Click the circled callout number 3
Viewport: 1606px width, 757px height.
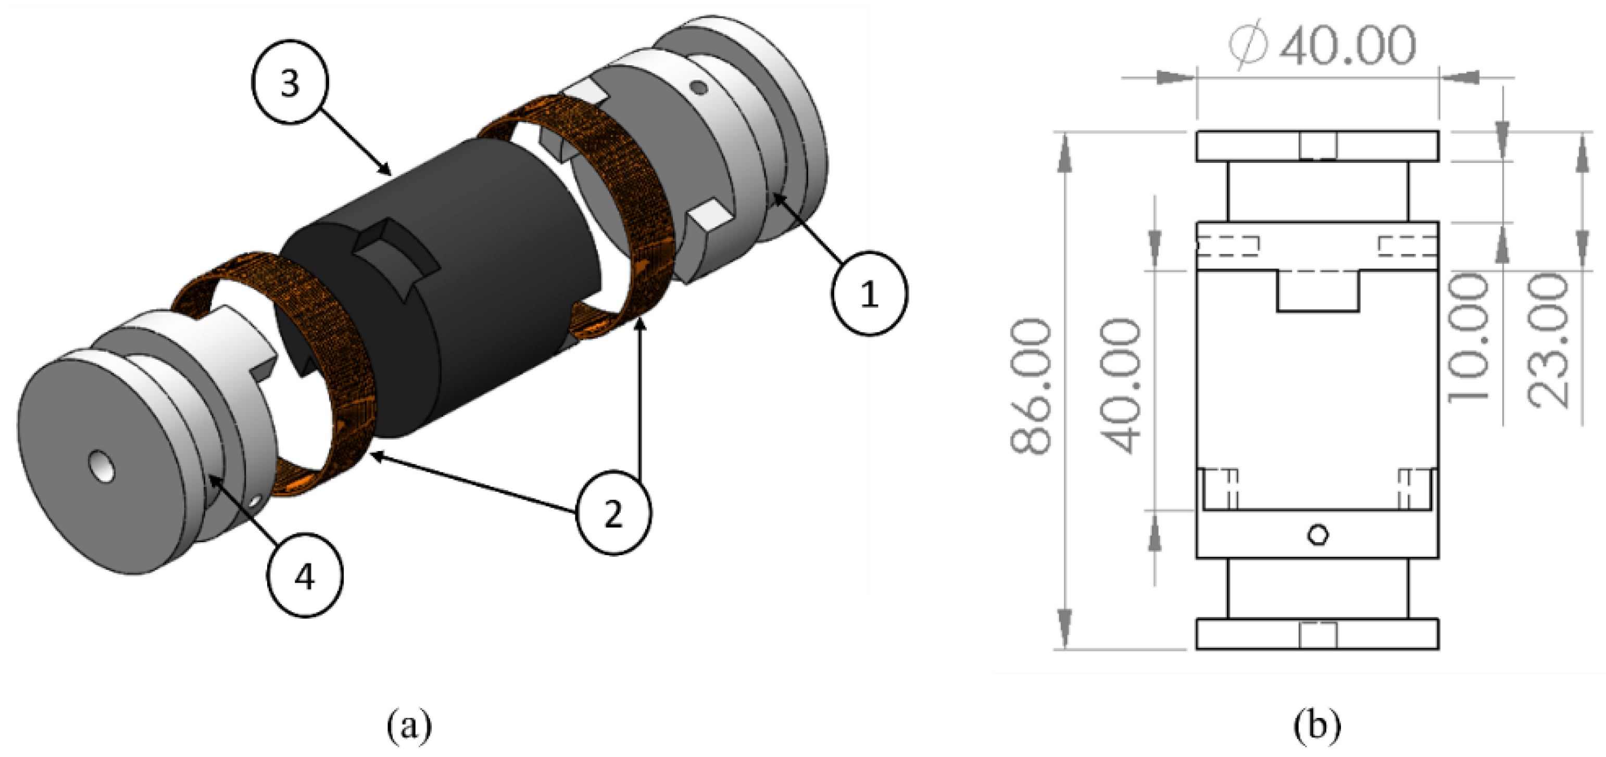click(290, 82)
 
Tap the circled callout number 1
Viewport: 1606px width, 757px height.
click(869, 293)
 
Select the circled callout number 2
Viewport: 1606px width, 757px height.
click(613, 514)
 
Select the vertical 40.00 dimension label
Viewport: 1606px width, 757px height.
click(1122, 386)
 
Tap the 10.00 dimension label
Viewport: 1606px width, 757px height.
click(1468, 340)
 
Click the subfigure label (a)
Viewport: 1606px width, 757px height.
click(409, 726)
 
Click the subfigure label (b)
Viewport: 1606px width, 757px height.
click(1316, 726)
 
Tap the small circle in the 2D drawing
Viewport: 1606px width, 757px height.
click(1318, 534)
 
